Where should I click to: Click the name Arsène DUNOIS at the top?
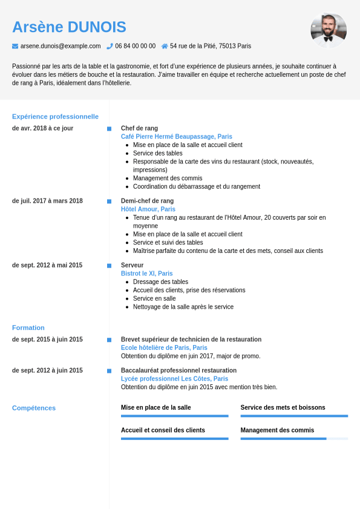tap(69, 27)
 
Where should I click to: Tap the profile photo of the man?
tap(329, 30)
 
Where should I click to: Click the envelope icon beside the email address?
tap(15, 46)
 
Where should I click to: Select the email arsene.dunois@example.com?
tap(61, 46)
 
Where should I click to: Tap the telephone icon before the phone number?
tap(110, 46)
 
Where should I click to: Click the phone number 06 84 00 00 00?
tap(135, 46)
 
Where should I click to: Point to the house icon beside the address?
tap(165, 46)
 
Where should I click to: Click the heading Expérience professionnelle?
tap(55, 116)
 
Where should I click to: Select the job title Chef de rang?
tap(139, 128)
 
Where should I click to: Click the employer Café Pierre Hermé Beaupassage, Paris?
tap(176, 137)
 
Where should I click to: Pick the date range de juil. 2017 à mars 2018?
tap(47, 201)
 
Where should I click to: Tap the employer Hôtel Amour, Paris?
tap(148, 209)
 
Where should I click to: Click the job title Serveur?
tap(132, 265)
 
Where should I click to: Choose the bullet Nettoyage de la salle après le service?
tap(183, 307)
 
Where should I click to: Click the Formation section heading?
tap(28, 327)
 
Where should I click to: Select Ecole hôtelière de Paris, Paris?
tap(164, 348)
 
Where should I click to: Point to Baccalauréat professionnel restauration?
tap(178, 370)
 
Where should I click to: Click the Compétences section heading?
tap(34, 408)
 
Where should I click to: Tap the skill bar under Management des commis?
tap(294, 438)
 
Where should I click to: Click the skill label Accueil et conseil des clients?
tap(163, 430)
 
